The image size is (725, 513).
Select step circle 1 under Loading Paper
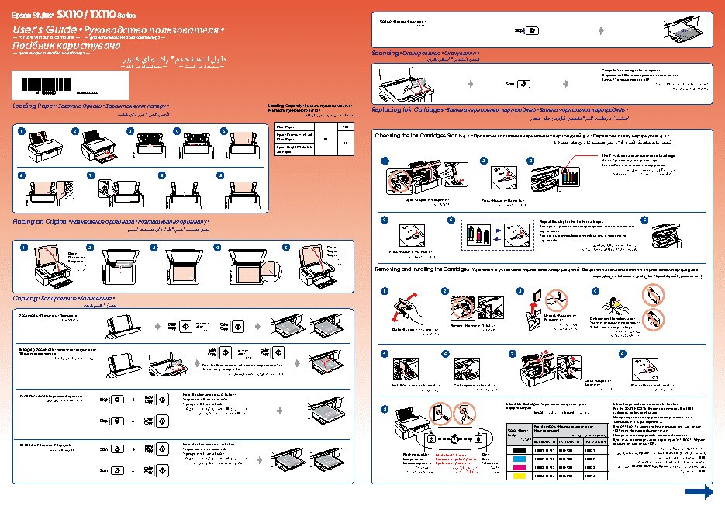(x=22, y=130)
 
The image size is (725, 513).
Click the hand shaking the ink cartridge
(x=405, y=308)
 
